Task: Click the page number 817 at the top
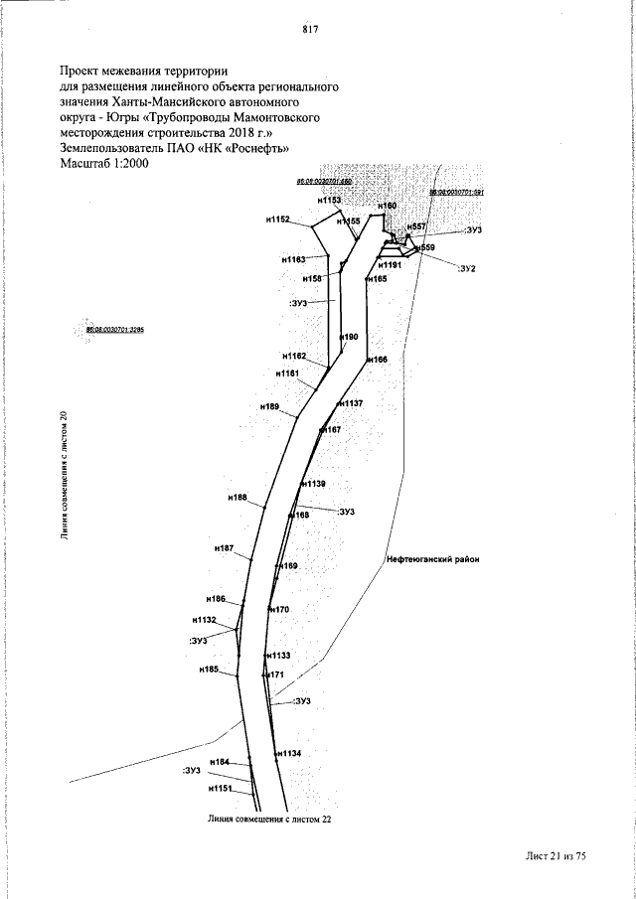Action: pyautogui.click(x=308, y=30)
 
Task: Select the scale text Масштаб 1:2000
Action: pyautogui.click(x=104, y=164)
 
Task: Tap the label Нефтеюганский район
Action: pyautogui.click(x=432, y=559)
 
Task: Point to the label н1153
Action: pyautogui.click(x=329, y=201)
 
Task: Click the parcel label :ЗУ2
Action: pyautogui.click(x=468, y=269)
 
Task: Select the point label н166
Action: pyautogui.click(x=377, y=359)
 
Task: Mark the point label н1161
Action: pyautogui.click(x=287, y=374)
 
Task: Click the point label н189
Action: pyautogui.click(x=269, y=407)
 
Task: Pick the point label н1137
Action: pyautogui.click(x=350, y=403)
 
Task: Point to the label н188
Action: pyautogui.click(x=237, y=497)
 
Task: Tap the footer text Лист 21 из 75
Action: pyautogui.click(x=554, y=855)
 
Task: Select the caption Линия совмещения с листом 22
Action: pyautogui.click(x=268, y=821)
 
